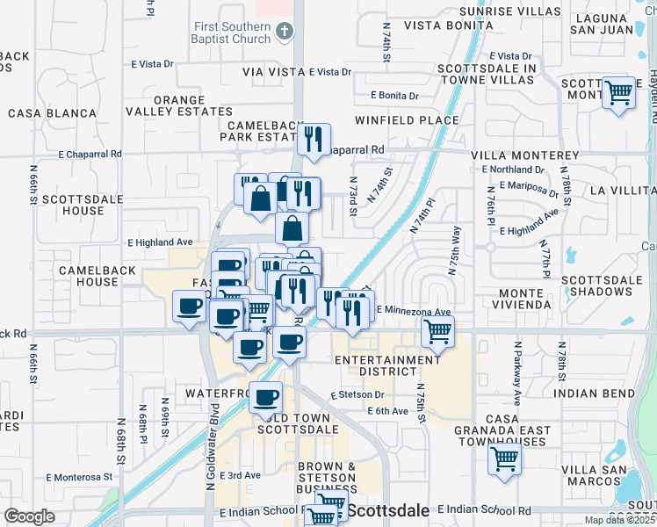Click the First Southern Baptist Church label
(232, 32)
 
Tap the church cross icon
(284, 32)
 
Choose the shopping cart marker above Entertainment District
(437, 332)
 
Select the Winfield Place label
(407, 119)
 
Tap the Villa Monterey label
(524, 155)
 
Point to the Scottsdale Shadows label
(596, 285)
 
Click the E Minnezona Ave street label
(413, 311)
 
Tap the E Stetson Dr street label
(357, 394)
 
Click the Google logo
(30, 516)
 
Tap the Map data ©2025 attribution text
(619, 520)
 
